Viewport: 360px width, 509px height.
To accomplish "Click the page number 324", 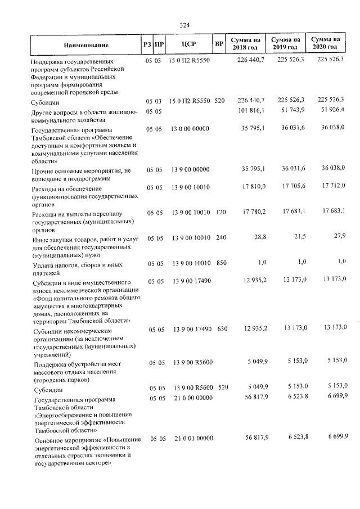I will [184, 25].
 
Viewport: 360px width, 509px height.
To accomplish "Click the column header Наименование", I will [86, 44].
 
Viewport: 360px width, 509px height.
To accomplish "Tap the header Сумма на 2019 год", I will [285, 44].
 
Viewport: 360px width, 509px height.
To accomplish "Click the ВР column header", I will [219, 44].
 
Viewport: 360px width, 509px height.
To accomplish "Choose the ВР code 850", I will [221, 263].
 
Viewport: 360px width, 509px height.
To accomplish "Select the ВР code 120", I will [221, 212].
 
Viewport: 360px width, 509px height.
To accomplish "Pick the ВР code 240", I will [221, 238].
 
